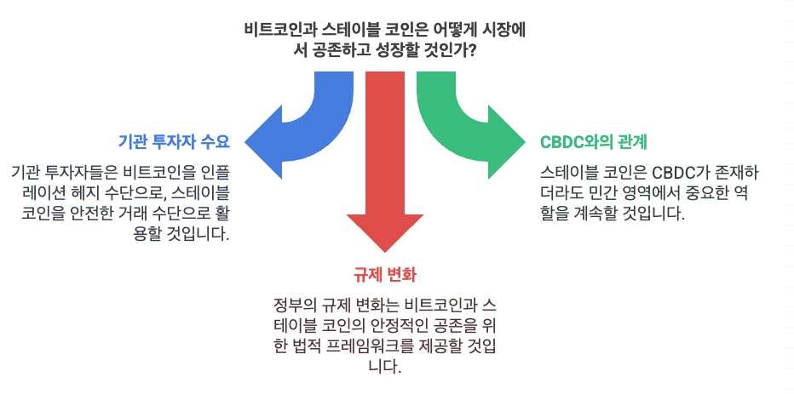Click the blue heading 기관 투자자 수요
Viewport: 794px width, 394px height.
174,140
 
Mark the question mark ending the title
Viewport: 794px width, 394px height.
471,50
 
